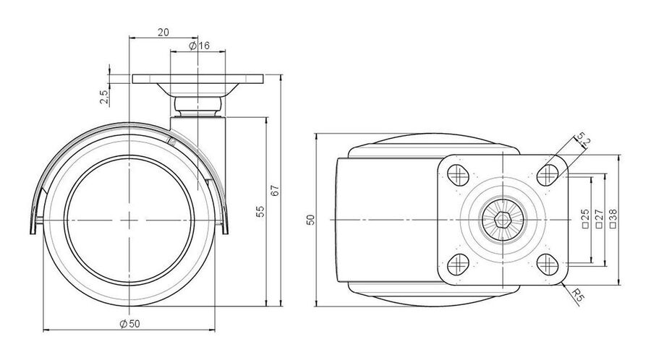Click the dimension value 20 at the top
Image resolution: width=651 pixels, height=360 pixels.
coord(163,32)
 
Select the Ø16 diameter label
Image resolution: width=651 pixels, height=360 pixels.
coord(200,46)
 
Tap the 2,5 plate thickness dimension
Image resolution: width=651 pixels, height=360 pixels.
coord(103,97)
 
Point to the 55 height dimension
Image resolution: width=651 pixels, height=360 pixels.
coord(260,212)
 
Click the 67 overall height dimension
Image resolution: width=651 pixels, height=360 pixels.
coord(276,190)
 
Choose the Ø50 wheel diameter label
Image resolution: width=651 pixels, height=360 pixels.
coord(129,324)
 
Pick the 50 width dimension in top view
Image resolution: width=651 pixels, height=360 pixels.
coord(310,220)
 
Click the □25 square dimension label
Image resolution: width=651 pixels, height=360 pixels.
coord(585,219)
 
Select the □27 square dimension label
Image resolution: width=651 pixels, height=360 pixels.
coord(599,219)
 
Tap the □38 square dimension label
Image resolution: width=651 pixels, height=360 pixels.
coord(613,219)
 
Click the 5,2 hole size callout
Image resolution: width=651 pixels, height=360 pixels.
coord(583,140)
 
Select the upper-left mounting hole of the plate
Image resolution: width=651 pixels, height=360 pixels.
coord(459,176)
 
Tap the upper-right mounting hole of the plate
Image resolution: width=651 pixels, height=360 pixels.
coord(548,175)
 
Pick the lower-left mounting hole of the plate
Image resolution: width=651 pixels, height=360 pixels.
coord(459,264)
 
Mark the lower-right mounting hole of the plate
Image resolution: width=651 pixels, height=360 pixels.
coord(548,264)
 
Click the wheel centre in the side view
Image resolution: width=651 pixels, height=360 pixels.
coord(129,220)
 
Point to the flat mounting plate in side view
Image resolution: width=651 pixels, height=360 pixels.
coord(198,79)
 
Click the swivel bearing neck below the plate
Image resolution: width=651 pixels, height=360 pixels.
coord(197,107)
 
